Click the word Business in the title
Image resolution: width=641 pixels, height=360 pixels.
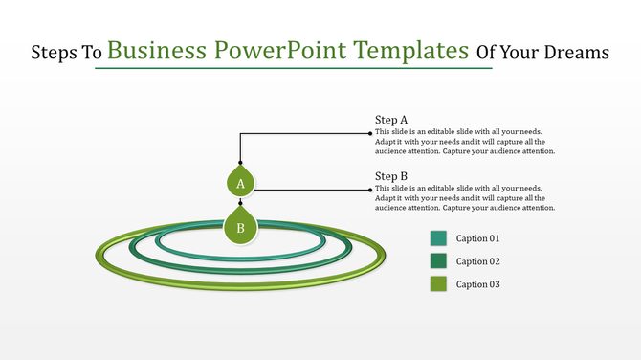(x=158, y=51)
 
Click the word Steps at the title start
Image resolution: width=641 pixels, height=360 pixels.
(x=55, y=54)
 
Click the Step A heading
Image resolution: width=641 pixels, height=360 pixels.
(x=391, y=120)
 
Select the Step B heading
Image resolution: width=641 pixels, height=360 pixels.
(x=391, y=175)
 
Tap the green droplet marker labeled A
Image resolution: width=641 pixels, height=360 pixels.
(x=240, y=181)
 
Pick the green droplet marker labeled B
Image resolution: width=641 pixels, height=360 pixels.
(x=240, y=226)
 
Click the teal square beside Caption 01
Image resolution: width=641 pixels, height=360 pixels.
(x=439, y=238)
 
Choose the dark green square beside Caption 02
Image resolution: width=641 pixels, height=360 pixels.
(x=439, y=261)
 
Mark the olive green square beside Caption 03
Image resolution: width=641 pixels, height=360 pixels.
(x=439, y=284)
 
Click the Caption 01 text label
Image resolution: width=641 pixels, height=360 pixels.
(x=477, y=238)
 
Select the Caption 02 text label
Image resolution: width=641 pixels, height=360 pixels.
(x=477, y=261)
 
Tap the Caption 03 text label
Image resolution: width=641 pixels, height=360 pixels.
(x=477, y=284)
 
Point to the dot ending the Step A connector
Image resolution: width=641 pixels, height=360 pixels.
(x=370, y=134)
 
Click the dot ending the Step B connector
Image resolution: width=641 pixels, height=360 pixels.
(x=370, y=190)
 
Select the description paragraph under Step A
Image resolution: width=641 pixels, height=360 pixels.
(x=465, y=142)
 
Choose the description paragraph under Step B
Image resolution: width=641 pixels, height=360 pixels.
(x=465, y=197)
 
